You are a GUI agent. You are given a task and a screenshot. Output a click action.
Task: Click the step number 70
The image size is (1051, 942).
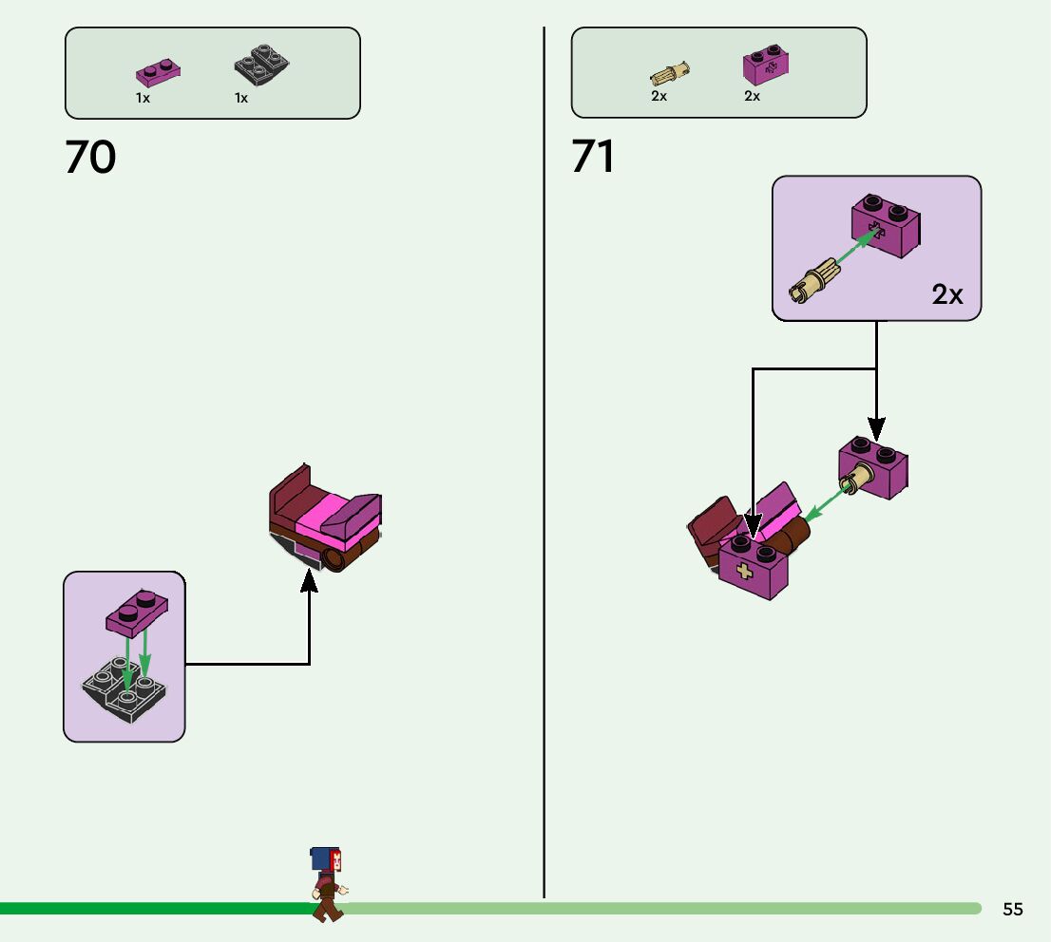click(90, 158)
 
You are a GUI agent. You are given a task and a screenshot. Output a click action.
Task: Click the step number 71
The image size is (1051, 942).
click(593, 158)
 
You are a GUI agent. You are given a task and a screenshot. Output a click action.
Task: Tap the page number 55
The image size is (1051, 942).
click(1013, 910)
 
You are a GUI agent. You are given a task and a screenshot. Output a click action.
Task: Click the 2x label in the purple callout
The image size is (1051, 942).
click(947, 295)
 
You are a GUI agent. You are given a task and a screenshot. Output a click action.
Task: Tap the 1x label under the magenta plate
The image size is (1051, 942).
click(143, 99)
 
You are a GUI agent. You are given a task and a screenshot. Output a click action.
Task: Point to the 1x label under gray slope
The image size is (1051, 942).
click(241, 99)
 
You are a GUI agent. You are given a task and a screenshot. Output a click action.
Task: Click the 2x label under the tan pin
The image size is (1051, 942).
click(659, 97)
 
